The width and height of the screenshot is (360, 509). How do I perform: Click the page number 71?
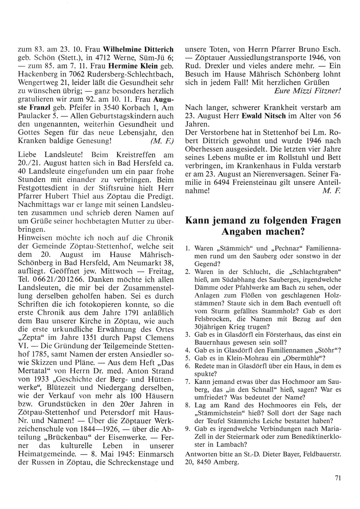tap(337, 478)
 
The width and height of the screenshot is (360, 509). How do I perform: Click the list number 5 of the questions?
tap(187, 358)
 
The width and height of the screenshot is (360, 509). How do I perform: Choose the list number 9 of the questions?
tap(187, 429)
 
